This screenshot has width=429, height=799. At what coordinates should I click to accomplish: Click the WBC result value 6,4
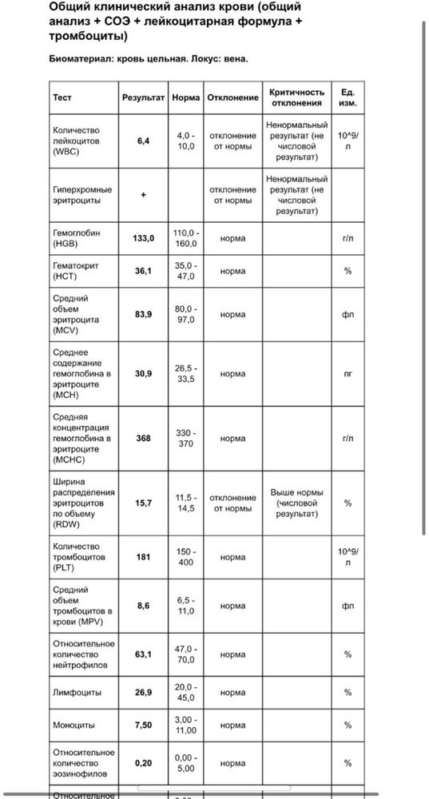pos(143,141)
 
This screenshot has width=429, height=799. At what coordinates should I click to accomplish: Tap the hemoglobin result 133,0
pos(143,238)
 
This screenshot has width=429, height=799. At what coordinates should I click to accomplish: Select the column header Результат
pos(143,97)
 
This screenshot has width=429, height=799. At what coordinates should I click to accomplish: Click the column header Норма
pos(185,97)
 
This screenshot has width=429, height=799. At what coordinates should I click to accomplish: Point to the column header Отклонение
pos(232,97)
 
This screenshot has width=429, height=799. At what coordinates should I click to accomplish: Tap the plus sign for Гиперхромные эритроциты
pos(143,195)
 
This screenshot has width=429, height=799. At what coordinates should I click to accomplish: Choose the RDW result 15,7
pos(143,503)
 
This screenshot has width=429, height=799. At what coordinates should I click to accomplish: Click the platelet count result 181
pos(143,557)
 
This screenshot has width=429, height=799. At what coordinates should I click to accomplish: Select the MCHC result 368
pos(143,438)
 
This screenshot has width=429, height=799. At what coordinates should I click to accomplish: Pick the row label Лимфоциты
pos(77,693)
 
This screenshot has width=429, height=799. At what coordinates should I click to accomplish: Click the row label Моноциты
pos(73,725)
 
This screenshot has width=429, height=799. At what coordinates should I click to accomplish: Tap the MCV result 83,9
pos(143,315)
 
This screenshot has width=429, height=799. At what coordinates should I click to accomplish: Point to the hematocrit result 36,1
pos(143,271)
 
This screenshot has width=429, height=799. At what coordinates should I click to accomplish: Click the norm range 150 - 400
pos(185,557)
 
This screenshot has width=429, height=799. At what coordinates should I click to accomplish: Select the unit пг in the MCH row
pos(348,373)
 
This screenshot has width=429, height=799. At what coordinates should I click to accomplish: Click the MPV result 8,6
pos(143,606)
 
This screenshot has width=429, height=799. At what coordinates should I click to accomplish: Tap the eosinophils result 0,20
pos(143,763)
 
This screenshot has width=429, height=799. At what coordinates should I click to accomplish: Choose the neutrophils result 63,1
pos(143,654)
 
